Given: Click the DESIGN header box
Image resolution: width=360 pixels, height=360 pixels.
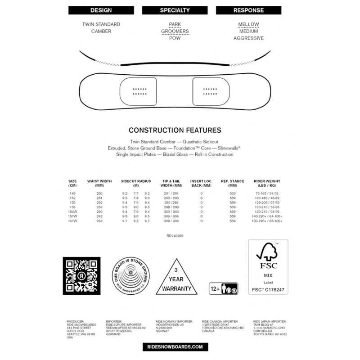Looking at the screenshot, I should [101, 10].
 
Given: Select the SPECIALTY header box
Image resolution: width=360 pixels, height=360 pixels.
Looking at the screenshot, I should [175, 10].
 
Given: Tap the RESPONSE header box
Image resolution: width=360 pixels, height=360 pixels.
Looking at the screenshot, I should [248, 10].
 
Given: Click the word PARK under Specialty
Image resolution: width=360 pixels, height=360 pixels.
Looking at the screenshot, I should [175, 24].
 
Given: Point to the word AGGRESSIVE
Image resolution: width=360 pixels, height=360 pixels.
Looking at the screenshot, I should [248, 38].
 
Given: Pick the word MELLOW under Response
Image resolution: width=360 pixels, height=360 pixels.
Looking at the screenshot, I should [248, 24].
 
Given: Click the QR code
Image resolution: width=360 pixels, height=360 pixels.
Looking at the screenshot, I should [81, 275].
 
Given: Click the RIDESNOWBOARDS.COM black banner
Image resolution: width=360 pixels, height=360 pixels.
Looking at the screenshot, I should [175, 347].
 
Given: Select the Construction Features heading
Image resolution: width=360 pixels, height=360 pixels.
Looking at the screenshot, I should [175, 130].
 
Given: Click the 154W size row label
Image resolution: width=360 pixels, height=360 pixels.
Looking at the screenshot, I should [72, 211].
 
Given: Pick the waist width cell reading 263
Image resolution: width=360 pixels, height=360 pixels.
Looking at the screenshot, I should [99, 221].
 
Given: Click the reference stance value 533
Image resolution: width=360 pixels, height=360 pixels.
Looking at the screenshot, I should [233, 193].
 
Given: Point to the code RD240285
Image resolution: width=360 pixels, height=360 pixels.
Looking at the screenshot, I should [175, 235].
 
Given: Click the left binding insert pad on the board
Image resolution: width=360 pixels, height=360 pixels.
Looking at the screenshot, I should [139, 92].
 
